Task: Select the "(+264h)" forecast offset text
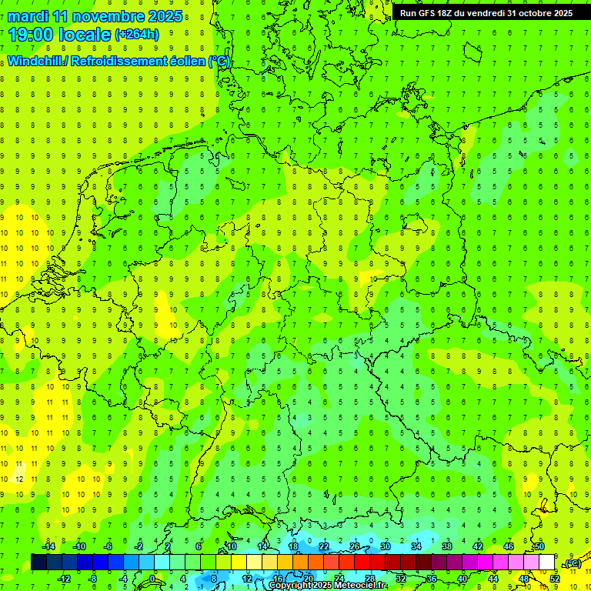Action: (137, 34)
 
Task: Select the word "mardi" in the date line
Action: (26, 16)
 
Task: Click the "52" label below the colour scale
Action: (554, 578)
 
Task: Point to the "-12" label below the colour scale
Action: (64, 578)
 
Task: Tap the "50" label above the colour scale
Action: (539, 546)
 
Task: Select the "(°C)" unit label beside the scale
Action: (572, 563)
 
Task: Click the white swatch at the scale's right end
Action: (546, 562)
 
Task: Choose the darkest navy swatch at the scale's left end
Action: (38, 562)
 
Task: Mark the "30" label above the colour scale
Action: (385, 546)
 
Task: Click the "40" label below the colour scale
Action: (462, 578)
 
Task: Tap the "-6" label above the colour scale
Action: (109, 546)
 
